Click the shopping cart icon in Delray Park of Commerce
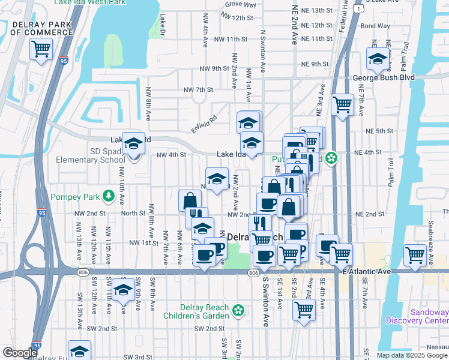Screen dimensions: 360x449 coord(41,49)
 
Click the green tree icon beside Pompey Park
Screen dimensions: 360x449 coord(108,196)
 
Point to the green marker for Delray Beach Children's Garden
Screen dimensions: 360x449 coord(238,310)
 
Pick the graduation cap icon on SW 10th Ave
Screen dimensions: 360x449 coord(124,290)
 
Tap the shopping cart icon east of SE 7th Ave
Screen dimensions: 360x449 coord(415,254)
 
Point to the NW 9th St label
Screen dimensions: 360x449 coord(315,64)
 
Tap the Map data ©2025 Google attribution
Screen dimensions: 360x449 coord(411,355)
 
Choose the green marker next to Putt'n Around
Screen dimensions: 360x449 coord(331,159)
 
